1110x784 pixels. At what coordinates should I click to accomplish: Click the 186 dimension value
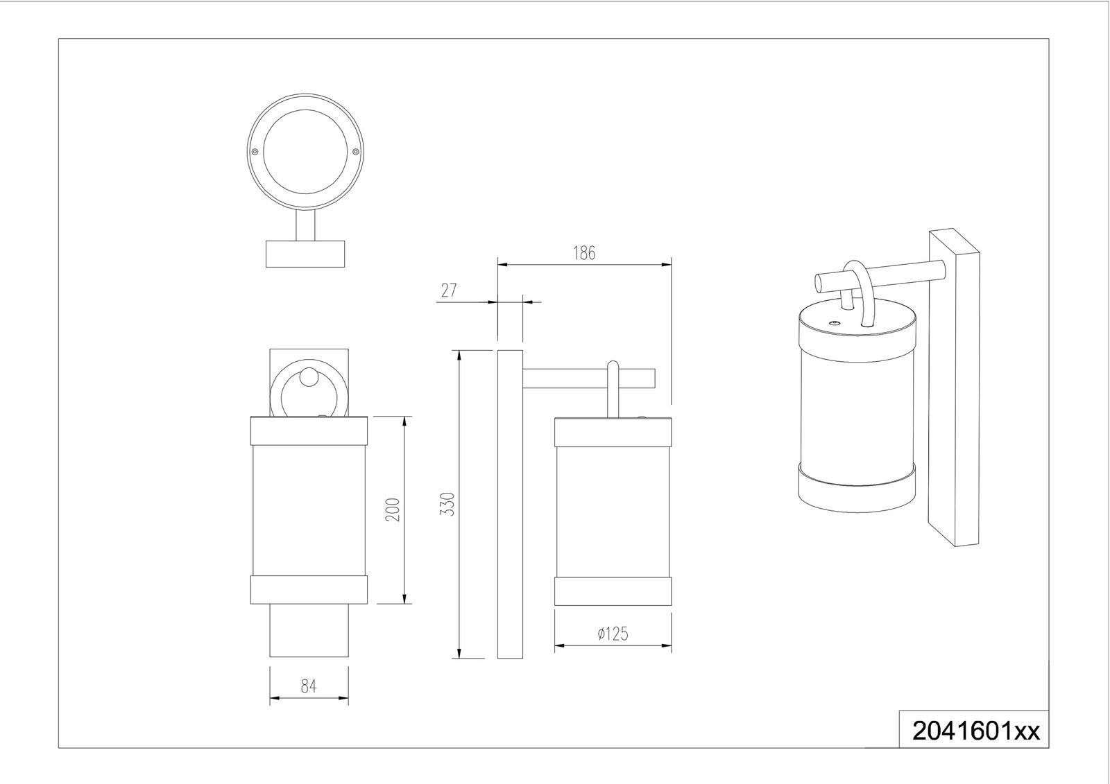click(x=584, y=253)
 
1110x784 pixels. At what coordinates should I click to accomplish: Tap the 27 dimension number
click(x=449, y=290)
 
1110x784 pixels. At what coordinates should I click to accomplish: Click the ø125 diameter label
click(x=612, y=634)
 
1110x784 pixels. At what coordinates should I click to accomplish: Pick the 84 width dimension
click(x=308, y=686)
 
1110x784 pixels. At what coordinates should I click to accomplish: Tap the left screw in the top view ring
click(x=255, y=152)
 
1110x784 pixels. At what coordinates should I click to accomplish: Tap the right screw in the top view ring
click(x=355, y=152)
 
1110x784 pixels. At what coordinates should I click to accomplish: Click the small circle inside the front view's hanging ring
click(x=309, y=378)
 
